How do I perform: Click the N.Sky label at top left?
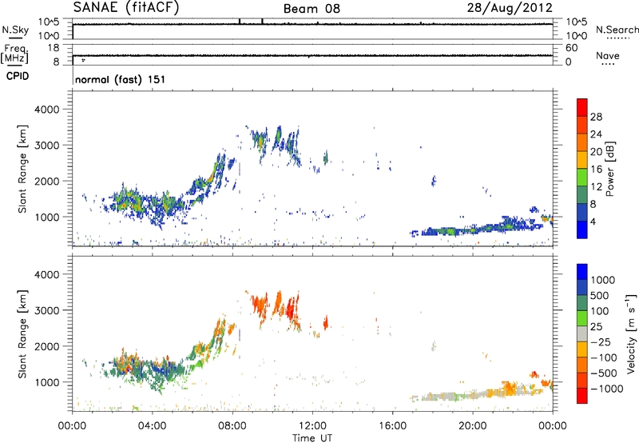pos(12,29)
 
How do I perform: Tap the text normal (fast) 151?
pos(119,80)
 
